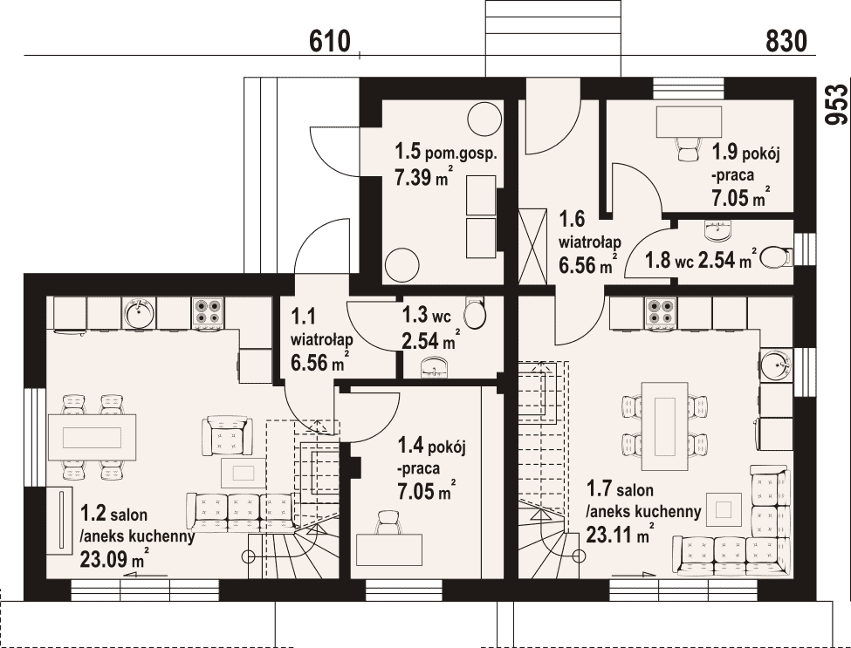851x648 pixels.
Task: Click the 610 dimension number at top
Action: pyautogui.click(x=330, y=41)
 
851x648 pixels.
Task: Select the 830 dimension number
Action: pyautogui.click(x=786, y=41)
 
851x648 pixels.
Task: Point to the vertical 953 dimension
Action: pyautogui.click(x=836, y=105)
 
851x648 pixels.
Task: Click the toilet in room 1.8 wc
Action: pyautogui.click(x=776, y=257)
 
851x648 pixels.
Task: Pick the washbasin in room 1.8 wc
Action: pyautogui.click(x=717, y=230)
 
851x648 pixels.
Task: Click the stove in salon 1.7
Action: pyautogui.click(x=661, y=312)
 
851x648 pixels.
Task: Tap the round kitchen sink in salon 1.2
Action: pyautogui.click(x=139, y=312)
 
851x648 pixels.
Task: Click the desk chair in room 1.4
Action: pyautogui.click(x=388, y=522)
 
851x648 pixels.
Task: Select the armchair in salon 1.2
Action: pyautogui.click(x=228, y=435)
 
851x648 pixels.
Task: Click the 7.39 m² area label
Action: pyautogui.click(x=423, y=177)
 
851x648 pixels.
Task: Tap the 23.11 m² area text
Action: pyautogui.click(x=620, y=534)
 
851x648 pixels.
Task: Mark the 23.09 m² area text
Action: pyautogui.click(x=114, y=557)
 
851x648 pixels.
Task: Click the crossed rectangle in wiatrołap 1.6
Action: pyautogui.click(x=532, y=246)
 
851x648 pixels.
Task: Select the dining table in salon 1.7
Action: pyautogui.click(x=665, y=426)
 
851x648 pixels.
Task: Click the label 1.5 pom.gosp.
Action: pyautogui.click(x=446, y=152)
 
